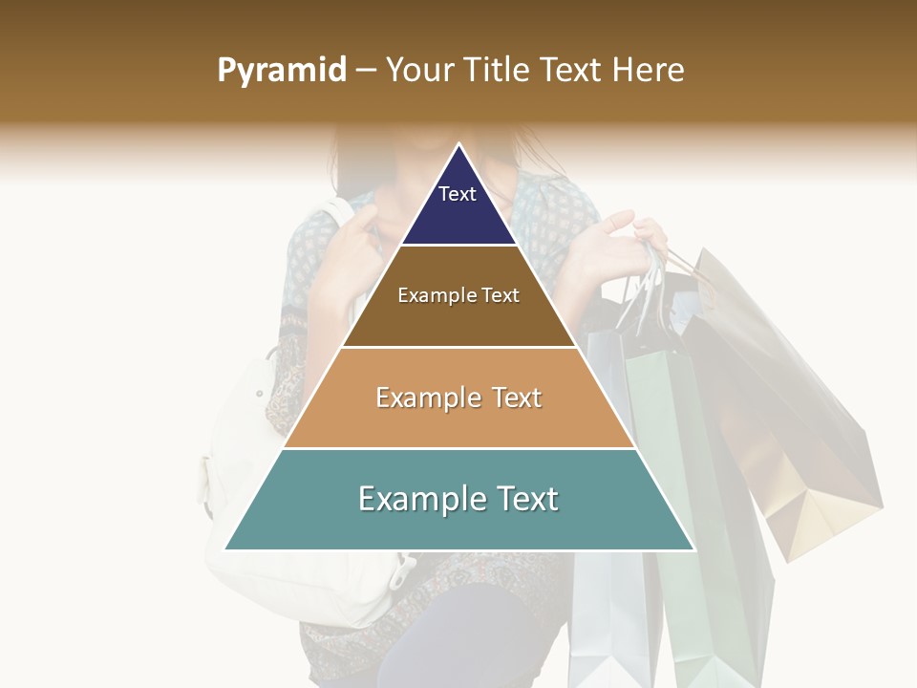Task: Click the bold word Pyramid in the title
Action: (281, 71)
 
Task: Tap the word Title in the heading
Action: (495, 71)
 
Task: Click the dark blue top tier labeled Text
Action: (458, 205)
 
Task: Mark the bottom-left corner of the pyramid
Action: (225, 549)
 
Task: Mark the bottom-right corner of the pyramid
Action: (694, 549)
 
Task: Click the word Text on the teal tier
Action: (520, 499)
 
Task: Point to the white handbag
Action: (258, 497)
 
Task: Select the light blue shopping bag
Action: (602, 573)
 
